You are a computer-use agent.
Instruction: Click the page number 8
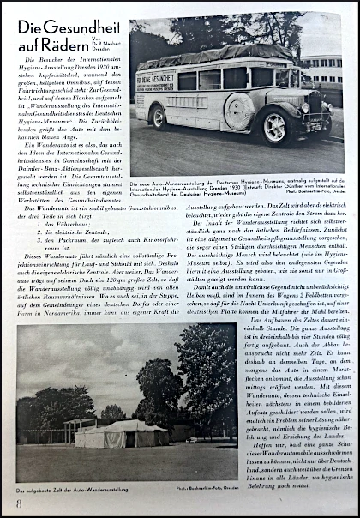(x=19, y=503)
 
